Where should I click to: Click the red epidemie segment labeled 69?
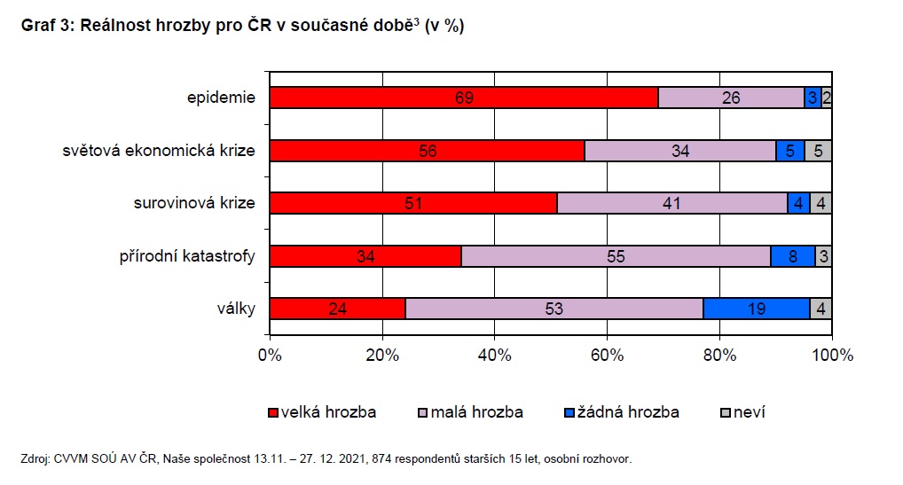coord(463,98)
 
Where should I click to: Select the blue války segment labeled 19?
coord(756,309)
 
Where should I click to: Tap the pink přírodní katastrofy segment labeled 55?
coord(616,256)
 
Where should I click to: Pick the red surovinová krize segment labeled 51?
coord(413,203)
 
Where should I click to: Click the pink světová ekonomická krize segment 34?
coord(679,151)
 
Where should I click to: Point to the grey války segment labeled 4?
coord(821,309)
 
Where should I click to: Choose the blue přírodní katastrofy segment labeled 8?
coord(793,256)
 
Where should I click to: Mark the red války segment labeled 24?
coord(337,309)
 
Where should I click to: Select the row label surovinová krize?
coord(200,203)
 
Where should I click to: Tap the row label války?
coord(235,309)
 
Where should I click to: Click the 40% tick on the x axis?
coord(495,356)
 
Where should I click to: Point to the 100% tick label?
coord(831,356)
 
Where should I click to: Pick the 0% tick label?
coord(270,356)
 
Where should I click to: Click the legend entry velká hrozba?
coord(328,412)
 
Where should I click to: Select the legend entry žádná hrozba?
coord(628,412)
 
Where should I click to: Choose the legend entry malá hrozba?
coord(475,412)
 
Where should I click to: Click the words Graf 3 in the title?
coord(48,26)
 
